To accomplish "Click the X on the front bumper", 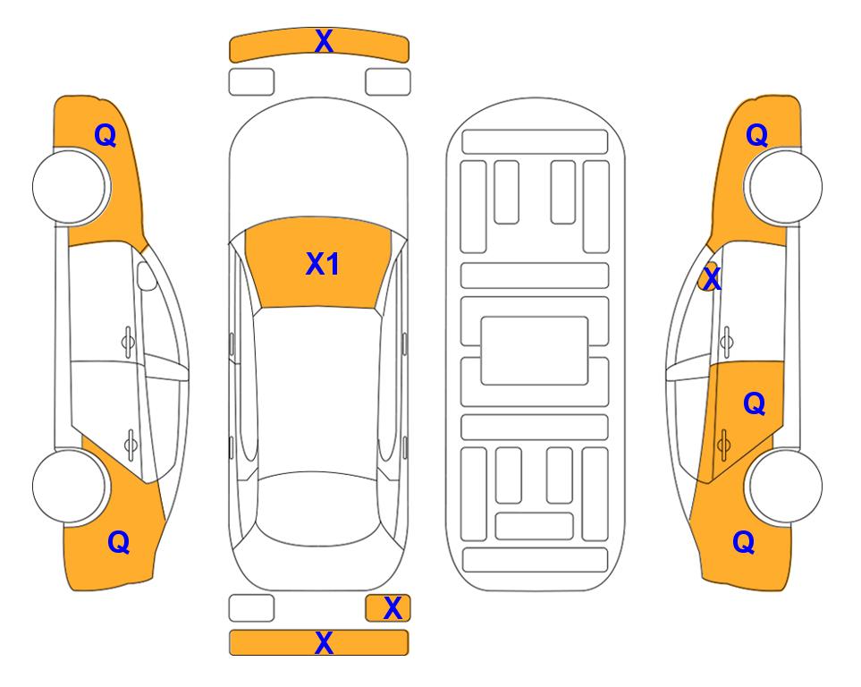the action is coord(324,41).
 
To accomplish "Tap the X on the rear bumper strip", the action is coord(324,642).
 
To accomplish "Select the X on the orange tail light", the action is coord(393,608).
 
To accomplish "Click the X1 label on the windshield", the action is coord(323,264).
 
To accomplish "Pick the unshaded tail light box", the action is coord(251,608).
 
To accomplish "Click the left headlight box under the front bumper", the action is coord(251,82).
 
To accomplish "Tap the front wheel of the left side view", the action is coord(70,187).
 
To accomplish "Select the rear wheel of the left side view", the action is coord(70,486).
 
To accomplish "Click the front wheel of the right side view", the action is coord(785,186).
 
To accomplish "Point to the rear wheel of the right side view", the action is coord(785,486).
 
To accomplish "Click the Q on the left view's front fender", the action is coord(106,135).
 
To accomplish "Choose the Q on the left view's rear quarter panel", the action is coord(119,542).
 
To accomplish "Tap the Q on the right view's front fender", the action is coord(756,135).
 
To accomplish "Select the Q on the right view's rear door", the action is coord(755,404).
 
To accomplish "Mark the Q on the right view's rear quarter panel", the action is coord(744,542).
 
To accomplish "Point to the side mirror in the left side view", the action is coord(147,276).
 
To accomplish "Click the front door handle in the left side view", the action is coord(128,343).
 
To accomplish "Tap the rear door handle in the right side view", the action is coord(723,445).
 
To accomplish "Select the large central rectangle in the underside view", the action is coord(535,351).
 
